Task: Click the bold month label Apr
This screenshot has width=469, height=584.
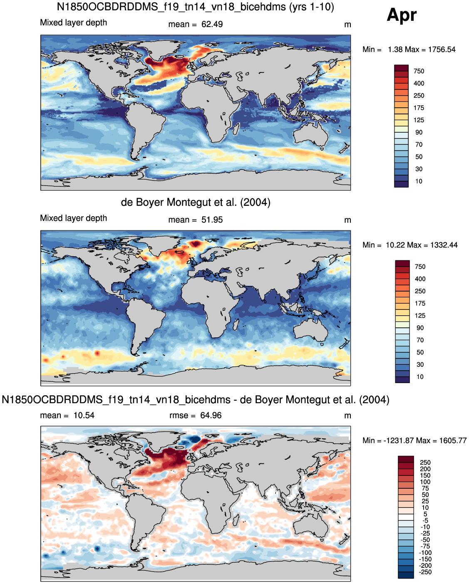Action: [402, 16]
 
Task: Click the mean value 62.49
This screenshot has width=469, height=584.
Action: [212, 25]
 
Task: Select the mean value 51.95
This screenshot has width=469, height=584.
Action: [212, 220]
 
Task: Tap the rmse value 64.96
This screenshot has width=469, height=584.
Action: [211, 416]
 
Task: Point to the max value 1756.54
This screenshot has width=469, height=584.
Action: [442, 49]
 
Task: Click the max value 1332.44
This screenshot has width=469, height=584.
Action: [444, 245]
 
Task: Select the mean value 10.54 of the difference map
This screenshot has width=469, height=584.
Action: [84, 416]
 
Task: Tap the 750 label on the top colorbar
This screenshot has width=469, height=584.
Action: [419, 72]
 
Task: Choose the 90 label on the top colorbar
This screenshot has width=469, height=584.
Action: [419, 132]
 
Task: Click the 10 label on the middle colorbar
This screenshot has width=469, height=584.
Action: [420, 377]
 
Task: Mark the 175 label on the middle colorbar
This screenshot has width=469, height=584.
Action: [420, 303]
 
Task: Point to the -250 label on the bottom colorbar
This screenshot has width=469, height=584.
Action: [425, 572]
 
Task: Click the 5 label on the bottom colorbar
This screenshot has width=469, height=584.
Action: [425, 514]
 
